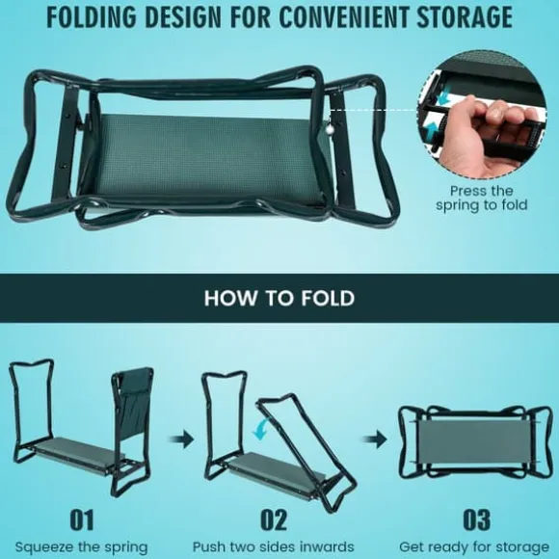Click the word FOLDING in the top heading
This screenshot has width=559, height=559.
(92, 16)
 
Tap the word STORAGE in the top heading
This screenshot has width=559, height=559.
(465, 16)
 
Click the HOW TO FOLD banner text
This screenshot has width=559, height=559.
(279, 298)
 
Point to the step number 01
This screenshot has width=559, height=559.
(82, 519)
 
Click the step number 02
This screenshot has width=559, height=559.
(274, 519)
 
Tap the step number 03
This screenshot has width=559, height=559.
(476, 519)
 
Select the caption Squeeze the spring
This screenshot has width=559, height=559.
(81, 547)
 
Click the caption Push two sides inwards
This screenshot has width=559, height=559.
(274, 546)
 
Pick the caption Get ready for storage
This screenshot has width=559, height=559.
(474, 547)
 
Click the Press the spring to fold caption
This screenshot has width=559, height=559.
(481, 199)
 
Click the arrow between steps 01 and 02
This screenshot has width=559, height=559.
(181, 439)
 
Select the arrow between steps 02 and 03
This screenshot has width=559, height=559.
(375, 439)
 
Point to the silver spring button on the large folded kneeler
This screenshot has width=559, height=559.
(330, 131)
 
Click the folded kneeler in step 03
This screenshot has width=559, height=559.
(475, 442)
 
